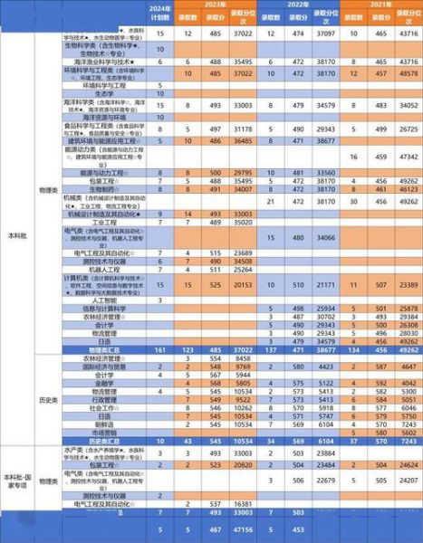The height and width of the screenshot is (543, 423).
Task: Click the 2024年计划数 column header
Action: click(x=159, y=13)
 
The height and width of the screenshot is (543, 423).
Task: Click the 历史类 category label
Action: click(x=43, y=398)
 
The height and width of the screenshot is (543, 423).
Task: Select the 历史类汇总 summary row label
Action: click(x=105, y=441)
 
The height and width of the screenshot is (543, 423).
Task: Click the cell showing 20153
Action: click(x=242, y=283)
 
